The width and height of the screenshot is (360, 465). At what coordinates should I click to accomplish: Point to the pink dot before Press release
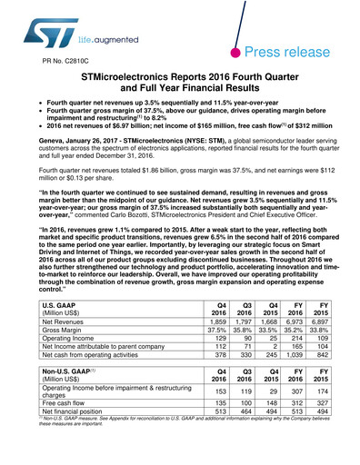point(240,53)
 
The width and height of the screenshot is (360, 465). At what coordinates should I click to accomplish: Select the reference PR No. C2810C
point(57,63)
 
